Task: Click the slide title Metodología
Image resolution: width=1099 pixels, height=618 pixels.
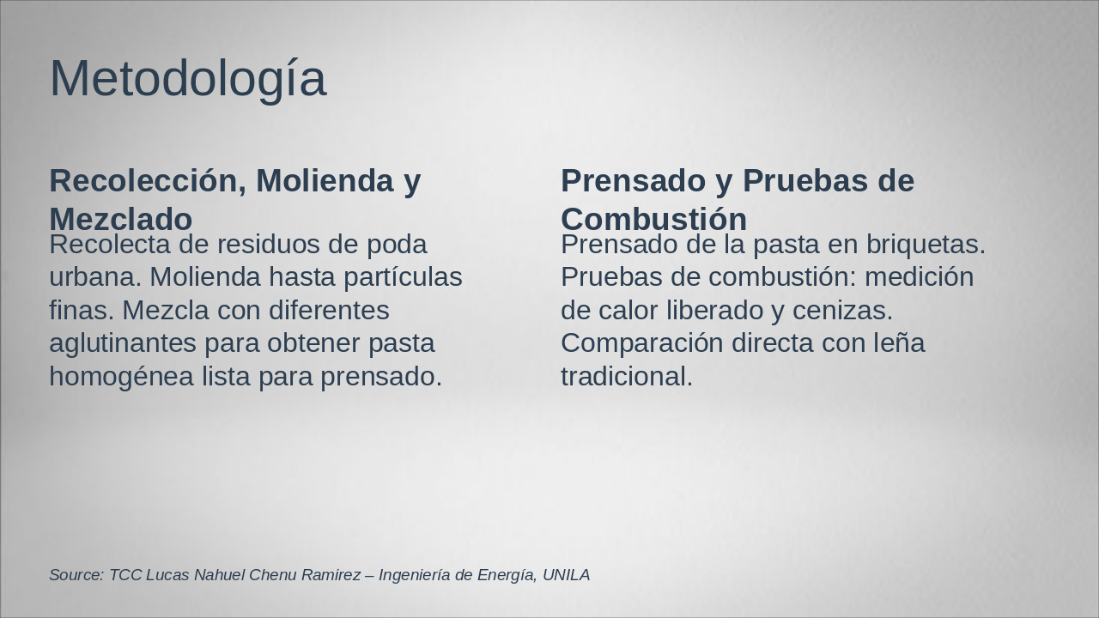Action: click(x=187, y=79)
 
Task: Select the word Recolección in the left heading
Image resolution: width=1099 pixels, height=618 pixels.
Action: click(x=143, y=181)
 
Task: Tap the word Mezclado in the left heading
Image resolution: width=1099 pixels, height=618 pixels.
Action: click(x=120, y=218)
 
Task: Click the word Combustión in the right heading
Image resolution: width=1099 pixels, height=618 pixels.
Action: click(x=653, y=218)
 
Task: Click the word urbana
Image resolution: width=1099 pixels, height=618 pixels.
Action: click(x=95, y=277)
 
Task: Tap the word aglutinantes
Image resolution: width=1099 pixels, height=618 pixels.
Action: click(x=123, y=343)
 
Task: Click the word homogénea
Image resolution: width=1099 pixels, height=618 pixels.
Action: click(x=121, y=376)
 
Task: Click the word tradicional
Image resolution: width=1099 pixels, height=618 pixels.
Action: click(x=626, y=376)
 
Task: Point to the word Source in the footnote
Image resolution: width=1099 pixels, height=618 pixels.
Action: click(x=76, y=575)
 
